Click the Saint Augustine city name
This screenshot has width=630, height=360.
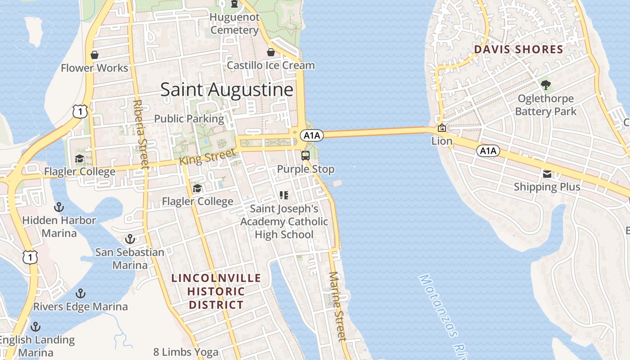point(227,90)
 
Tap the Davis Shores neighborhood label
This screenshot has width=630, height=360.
point(519,49)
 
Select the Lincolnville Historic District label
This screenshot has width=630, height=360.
point(216,291)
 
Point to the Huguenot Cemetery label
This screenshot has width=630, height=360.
point(235,24)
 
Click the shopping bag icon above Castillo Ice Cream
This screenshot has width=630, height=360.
point(271,52)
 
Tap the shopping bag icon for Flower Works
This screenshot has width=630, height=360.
point(94,55)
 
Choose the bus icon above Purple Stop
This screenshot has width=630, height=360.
point(306,156)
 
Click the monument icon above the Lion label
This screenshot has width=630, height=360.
point(442,128)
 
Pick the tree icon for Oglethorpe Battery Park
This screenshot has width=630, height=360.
point(546,85)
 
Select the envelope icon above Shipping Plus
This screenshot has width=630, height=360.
point(547,174)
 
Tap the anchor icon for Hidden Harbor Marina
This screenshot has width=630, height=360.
point(59,207)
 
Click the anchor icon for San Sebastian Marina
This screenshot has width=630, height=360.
point(130,238)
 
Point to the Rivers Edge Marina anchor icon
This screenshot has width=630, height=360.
point(81,293)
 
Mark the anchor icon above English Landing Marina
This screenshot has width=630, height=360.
point(36,326)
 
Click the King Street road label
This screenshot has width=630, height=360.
point(207,157)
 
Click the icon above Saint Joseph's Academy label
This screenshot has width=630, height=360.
point(284,195)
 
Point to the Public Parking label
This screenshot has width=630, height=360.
point(189,119)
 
